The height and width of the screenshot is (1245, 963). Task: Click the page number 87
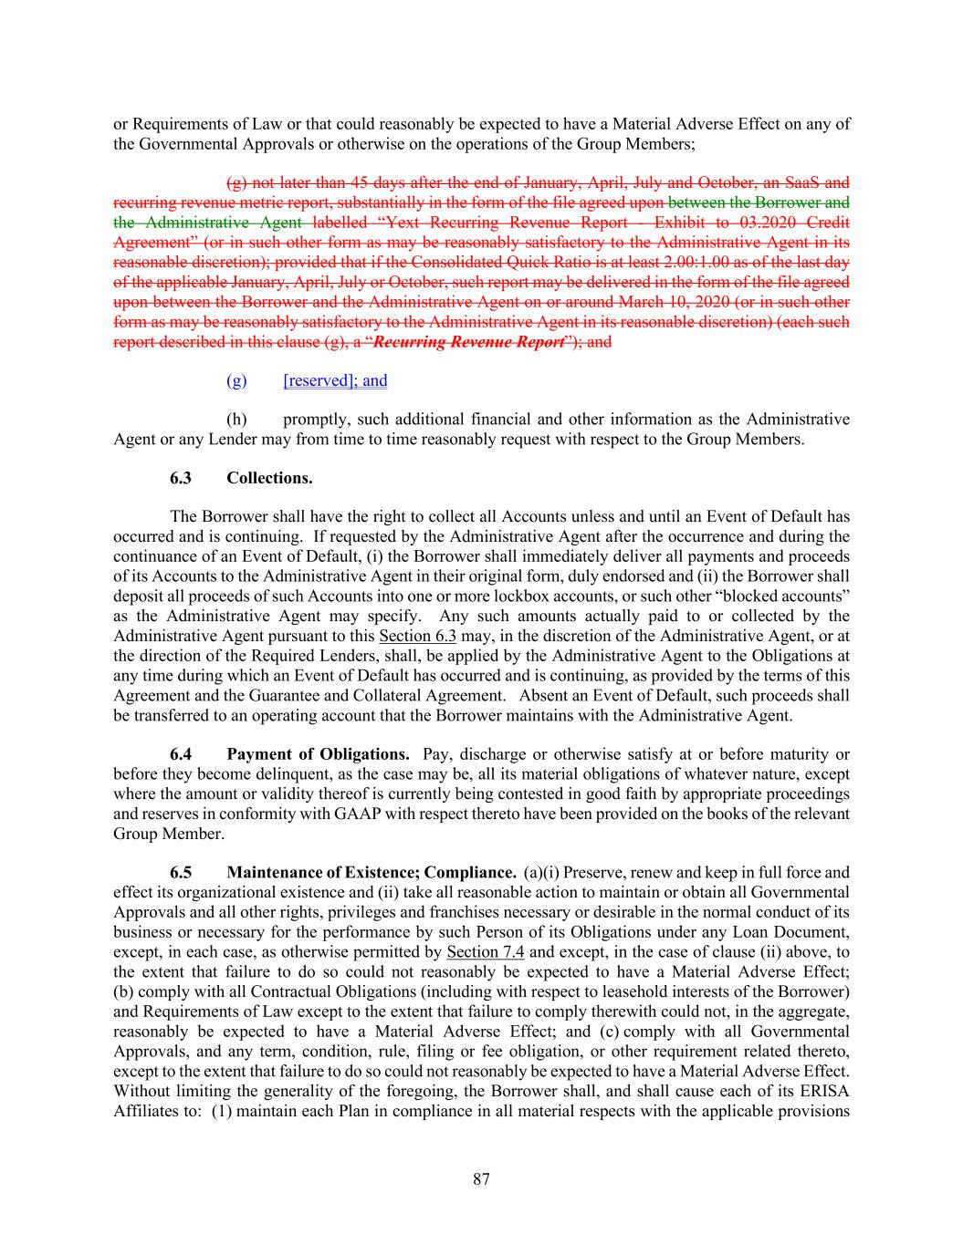[x=481, y=1179]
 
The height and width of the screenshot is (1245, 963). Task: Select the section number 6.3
[x=181, y=478]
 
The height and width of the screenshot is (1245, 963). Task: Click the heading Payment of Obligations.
[x=318, y=754]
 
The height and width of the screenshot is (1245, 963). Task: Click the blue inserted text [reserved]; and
[x=335, y=380]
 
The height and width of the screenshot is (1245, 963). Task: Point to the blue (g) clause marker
[x=236, y=380]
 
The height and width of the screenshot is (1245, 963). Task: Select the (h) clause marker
[x=236, y=420]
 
